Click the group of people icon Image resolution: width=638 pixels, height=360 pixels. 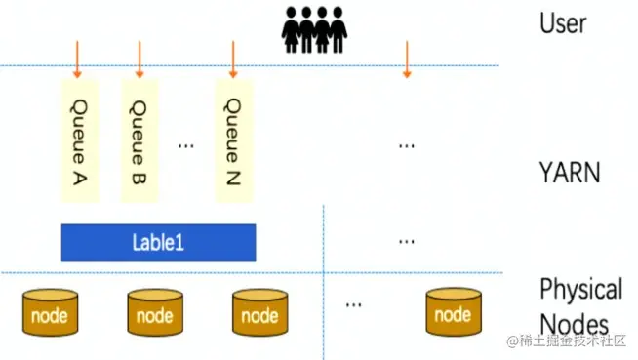[313, 29]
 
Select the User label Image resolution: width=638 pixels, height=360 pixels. [563, 22]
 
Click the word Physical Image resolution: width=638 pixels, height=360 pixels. [580, 289]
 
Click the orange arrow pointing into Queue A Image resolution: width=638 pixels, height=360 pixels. [77, 59]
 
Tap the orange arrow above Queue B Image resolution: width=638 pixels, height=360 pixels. [140, 59]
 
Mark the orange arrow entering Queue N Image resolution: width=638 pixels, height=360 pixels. [232, 59]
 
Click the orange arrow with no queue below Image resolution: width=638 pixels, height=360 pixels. [407, 59]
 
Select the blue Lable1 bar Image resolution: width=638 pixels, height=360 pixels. [158, 243]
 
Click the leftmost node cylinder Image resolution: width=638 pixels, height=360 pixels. [50, 313]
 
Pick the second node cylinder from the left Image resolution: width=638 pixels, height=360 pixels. [155, 313]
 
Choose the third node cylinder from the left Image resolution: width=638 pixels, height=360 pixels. [259, 313]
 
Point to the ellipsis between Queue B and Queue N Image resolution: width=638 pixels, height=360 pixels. [186, 145]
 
